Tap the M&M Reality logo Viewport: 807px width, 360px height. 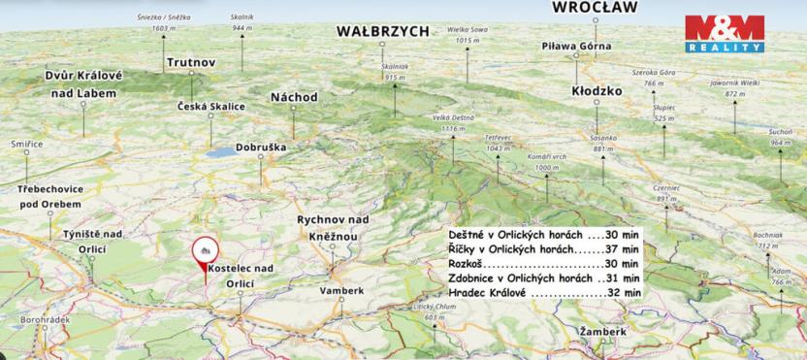725,34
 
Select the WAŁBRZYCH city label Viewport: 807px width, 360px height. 382,31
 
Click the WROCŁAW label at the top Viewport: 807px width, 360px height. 595,8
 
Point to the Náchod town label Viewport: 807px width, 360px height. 293,98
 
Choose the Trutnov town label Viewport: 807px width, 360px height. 190,63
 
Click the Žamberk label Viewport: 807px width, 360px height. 602,332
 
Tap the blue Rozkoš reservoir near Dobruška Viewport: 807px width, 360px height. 224,152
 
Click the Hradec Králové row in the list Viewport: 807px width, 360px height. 544,291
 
